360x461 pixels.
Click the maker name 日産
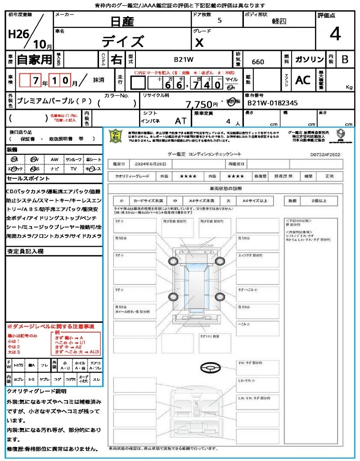(x=122, y=21)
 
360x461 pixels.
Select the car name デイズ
(x=122, y=41)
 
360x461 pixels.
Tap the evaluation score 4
(x=335, y=34)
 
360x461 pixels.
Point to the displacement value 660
(x=258, y=62)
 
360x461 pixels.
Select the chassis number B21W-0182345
(x=273, y=103)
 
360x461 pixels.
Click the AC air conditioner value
(x=303, y=80)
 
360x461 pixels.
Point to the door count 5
(x=219, y=21)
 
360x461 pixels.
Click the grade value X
(x=199, y=42)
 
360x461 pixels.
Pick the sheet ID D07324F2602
(x=325, y=155)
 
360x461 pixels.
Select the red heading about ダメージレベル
(x=51, y=326)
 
